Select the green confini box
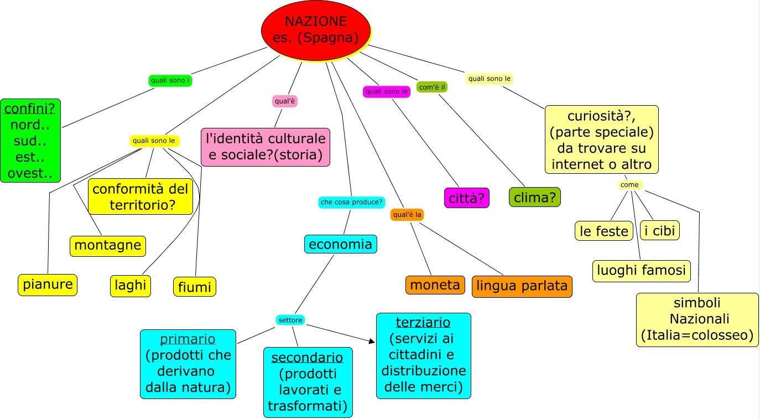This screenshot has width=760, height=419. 31,141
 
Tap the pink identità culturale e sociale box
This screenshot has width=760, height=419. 266,147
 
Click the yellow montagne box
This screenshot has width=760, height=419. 108,246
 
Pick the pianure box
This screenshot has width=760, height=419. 47,284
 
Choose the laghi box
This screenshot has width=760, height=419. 131,286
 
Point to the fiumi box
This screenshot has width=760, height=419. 195,287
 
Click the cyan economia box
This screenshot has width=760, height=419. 340,244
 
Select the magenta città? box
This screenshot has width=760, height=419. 467,198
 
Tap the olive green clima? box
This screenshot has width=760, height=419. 534,197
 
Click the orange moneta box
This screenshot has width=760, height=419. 435,285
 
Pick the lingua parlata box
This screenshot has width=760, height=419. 522,286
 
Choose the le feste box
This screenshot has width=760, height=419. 603,231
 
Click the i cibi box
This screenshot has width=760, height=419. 660,230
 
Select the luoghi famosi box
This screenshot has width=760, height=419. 641,271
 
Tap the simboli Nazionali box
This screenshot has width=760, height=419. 697,319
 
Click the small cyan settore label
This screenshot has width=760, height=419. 290,320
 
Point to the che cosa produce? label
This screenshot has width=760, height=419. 351,202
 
